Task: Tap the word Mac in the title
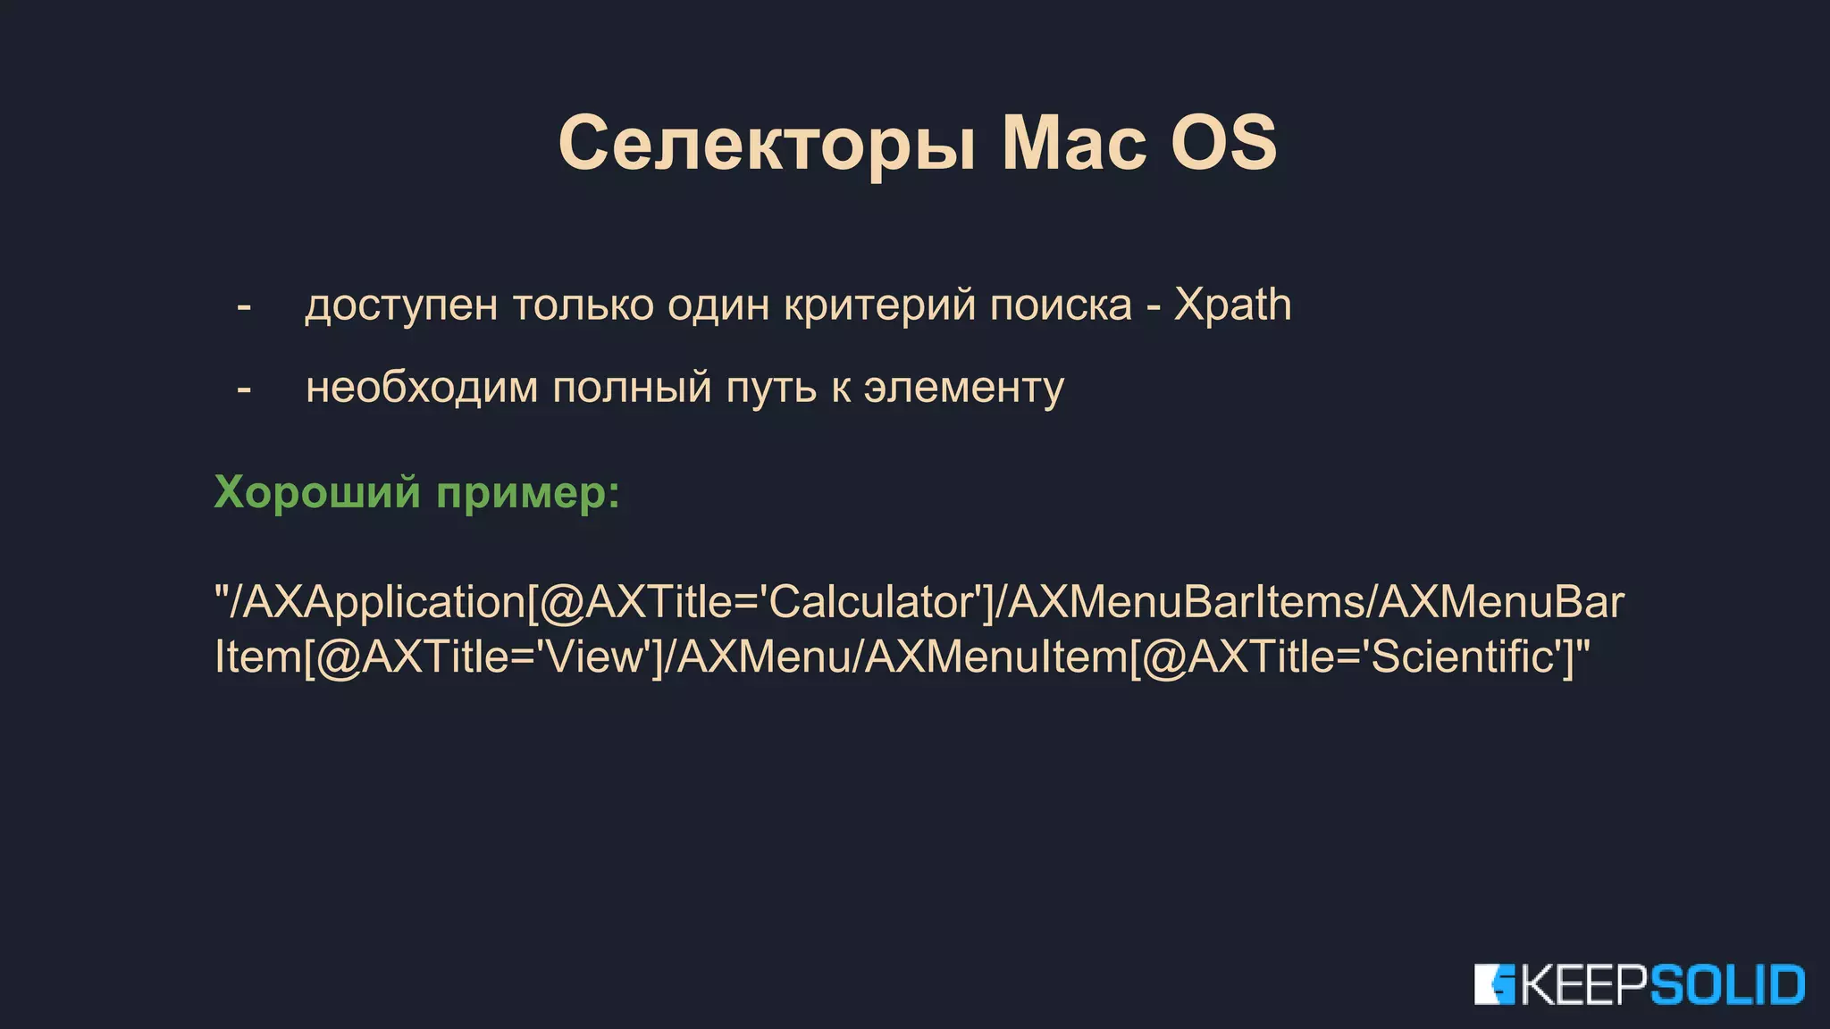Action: [x=1073, y=143]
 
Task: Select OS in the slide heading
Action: [x=1223, y=143]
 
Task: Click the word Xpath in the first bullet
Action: [x=1232, y=305]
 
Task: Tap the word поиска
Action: [x=1061, y=305]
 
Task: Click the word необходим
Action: [x=422, y=388]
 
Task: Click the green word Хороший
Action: [x=317, y=492]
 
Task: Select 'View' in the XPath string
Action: [x=593, y=657]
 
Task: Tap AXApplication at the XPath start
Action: [x=384, y=604]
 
